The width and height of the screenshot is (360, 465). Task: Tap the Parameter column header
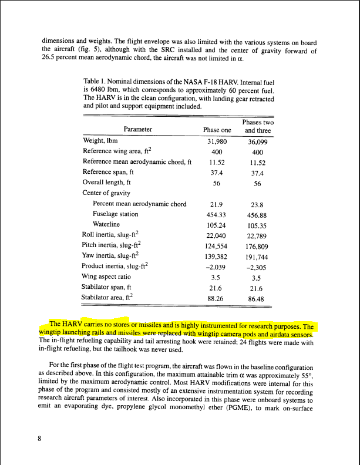pyautogui.click(x=137, y=130)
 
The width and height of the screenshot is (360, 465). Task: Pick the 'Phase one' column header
pyautogui.click(x=217, y=130)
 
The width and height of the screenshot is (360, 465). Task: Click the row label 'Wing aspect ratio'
pyautogui.click(x=106, y=276)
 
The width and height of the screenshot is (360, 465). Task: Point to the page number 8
pyautogui.click(x=40, y=438)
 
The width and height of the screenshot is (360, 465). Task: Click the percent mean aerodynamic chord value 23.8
pyautogui.click(x=257, y=204)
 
